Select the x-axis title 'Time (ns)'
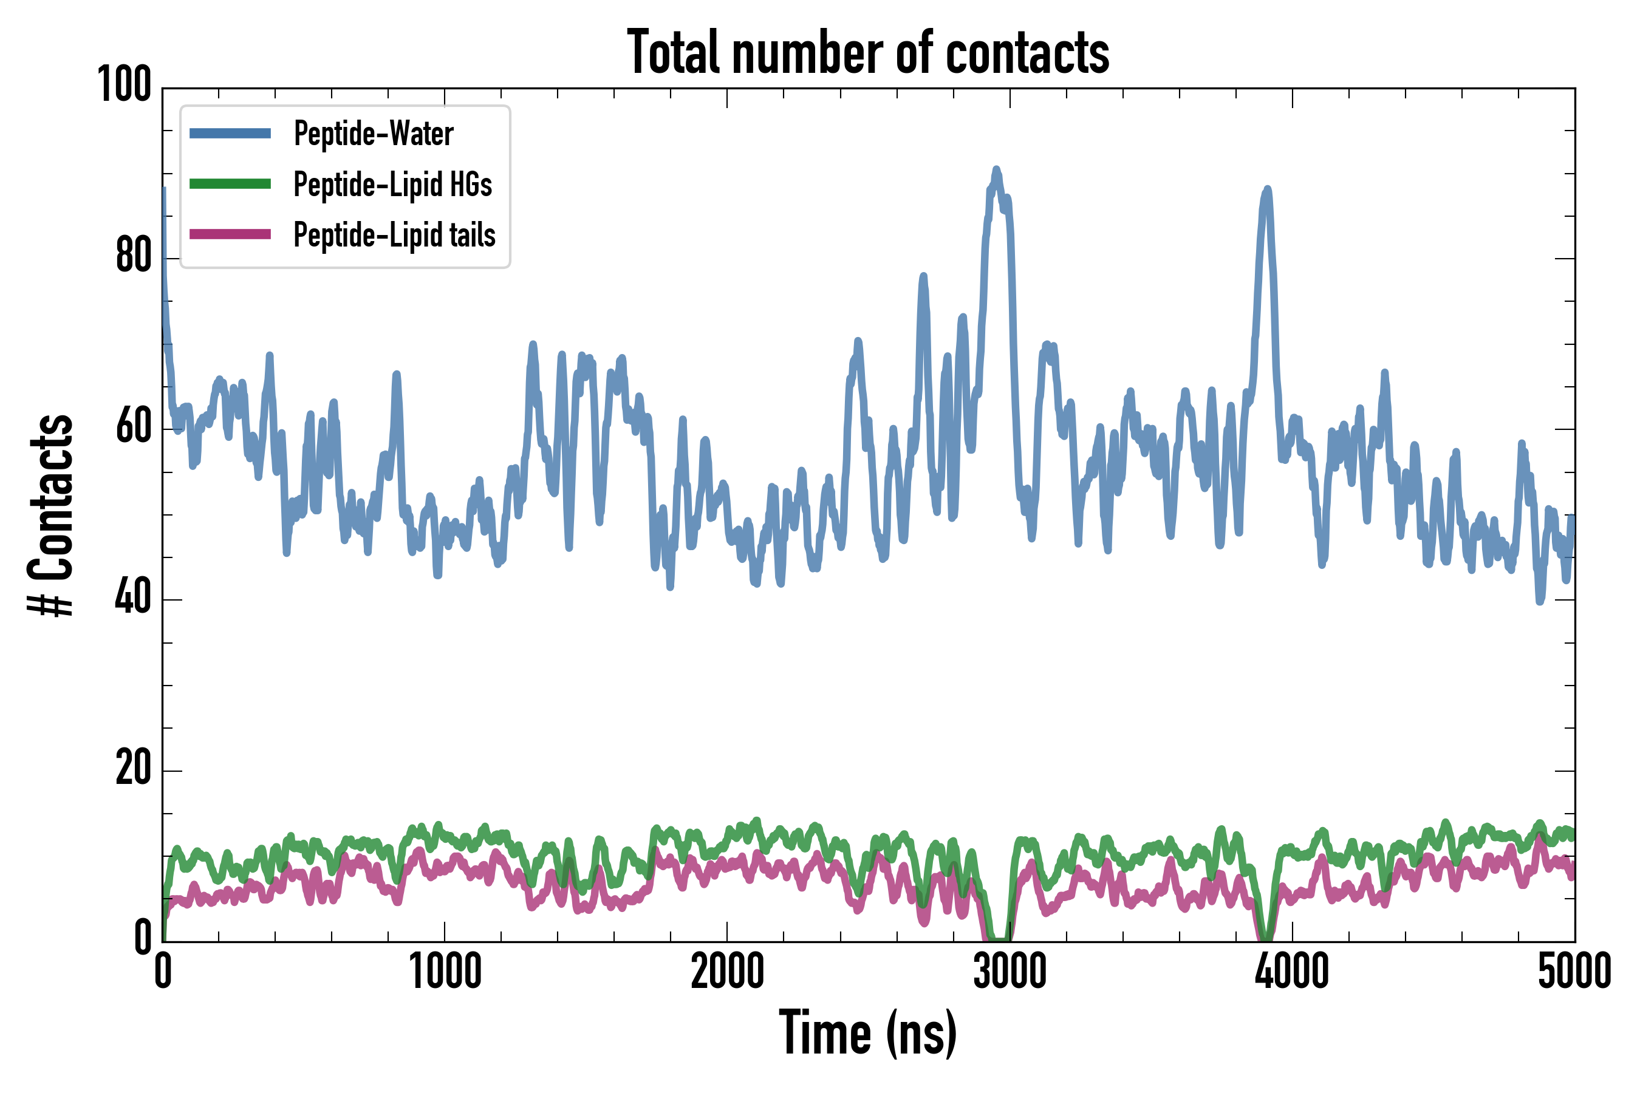868,1032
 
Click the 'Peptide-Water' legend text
374,133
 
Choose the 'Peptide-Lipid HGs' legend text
392,184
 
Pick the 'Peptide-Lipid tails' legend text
395,235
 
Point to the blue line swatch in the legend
230,133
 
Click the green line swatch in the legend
230,184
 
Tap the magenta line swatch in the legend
230,234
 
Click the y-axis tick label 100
124,86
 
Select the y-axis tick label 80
133,256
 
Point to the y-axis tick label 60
133,427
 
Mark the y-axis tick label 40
133,598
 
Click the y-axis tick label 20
133,769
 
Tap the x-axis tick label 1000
445,972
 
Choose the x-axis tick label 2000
727,972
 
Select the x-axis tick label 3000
1010,972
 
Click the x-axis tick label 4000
1292,972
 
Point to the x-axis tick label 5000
1574,972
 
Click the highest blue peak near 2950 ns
996,169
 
